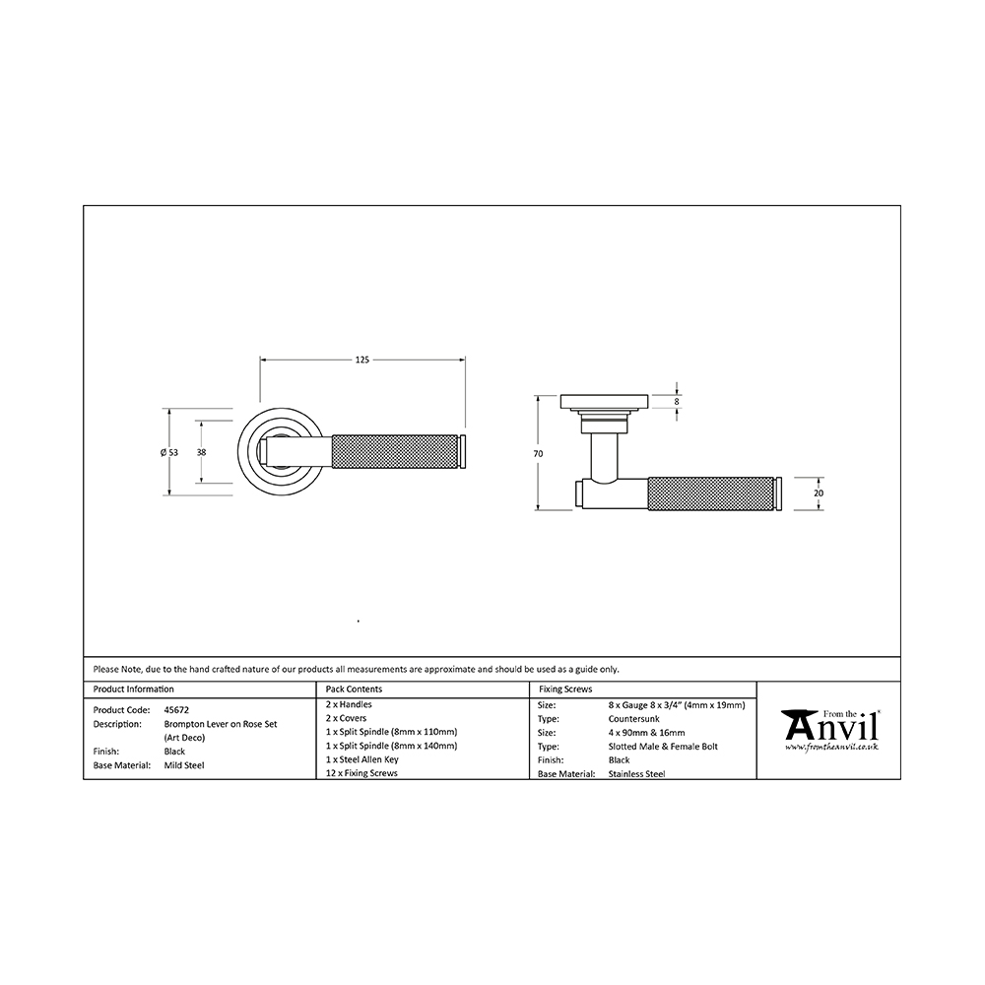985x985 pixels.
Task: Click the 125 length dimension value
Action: pyautogui.click(x=362, y=360)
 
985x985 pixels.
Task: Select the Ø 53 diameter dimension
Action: pyautogui.click(x=169, y=452)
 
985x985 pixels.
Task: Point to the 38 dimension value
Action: pyautogui.click(x=202, y=452)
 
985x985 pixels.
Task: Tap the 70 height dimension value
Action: pyautogui.click(x=539, y=453)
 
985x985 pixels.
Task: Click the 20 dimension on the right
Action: pyautogui.click(x=818, y=493)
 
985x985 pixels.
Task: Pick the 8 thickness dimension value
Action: pyautogui.click(x=677, y=402)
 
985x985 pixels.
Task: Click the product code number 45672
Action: pyautogui.click(x=176, y=710)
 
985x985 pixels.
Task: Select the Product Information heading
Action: pyautogui.click(x=134, y=689)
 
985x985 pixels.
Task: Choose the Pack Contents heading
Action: pyautogui.click(x=354, y=689)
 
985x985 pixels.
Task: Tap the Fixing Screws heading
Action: pyautogui.click(x=565, y=689)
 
